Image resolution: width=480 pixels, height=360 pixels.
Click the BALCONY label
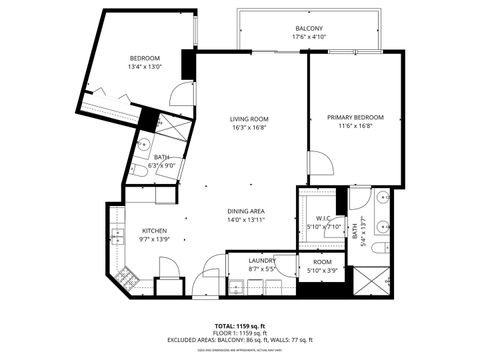pyautogui.click(x=309, y=28)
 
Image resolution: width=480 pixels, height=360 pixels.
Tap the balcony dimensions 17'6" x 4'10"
pyautogui.click(x=309, y=38)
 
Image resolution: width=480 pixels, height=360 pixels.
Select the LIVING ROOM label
pyautogui.click(x=249, y=119)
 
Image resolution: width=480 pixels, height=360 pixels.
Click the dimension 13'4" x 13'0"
pyautogui.click(x=145, y=68)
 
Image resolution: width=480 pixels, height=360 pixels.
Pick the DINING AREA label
pyautogui.click(x=244, y=210)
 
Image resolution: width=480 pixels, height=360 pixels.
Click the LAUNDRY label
pyautogui.click(x=262, y=260)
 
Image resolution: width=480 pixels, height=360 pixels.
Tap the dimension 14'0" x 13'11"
pyautogui.click(x=244, y=219)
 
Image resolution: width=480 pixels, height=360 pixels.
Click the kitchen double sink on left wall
pyautogui.click(x=117, y=236)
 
